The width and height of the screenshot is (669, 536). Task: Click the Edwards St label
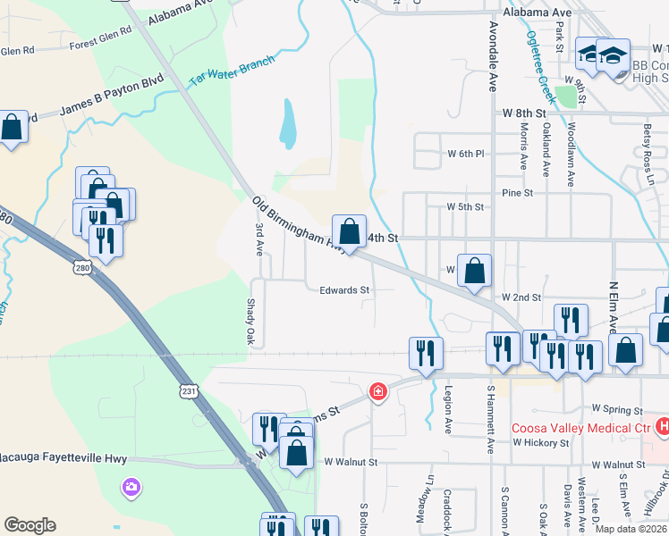coord(344,290)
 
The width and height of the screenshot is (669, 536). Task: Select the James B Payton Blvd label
coord(114,99)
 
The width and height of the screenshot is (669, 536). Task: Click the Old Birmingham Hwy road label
coord(298,226)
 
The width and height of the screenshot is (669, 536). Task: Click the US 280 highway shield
coord(81,267)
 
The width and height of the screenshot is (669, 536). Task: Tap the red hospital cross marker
coord(379,391)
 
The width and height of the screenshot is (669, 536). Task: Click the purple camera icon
coord(131,487)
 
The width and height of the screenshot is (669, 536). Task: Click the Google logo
coord(30,525)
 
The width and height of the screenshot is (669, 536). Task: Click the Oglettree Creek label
coord(541,68)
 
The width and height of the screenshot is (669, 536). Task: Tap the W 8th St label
coord(523,114)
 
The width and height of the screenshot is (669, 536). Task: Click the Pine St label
coord(517,192)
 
